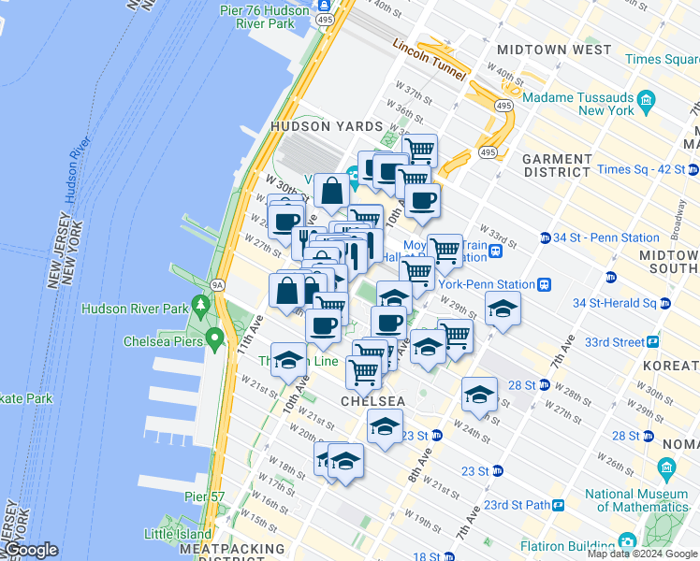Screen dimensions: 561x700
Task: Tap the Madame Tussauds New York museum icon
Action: point(646,98)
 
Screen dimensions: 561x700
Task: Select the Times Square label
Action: point(663,59)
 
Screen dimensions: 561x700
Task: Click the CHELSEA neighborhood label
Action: point(372,401)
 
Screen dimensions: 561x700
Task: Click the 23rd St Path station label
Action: point(516,505)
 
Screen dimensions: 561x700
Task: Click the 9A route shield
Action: point(218,285)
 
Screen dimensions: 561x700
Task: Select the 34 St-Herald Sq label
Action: point(613,303)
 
